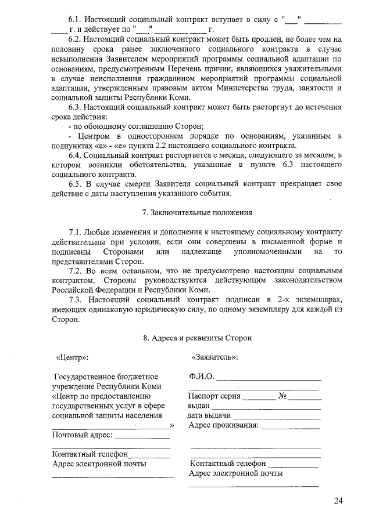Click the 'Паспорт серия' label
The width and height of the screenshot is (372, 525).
pyautogui.click(x=214, y=397)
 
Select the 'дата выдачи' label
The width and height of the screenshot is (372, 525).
pyautogui.click(x=210, y=415)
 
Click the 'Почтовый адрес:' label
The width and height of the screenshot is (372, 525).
pyautogui.click(x=82, y=435)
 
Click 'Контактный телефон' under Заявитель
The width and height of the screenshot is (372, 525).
pyautogui.click(x=228, y=464)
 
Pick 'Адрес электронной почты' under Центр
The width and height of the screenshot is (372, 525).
pyautogui.click(x=99, y=464)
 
